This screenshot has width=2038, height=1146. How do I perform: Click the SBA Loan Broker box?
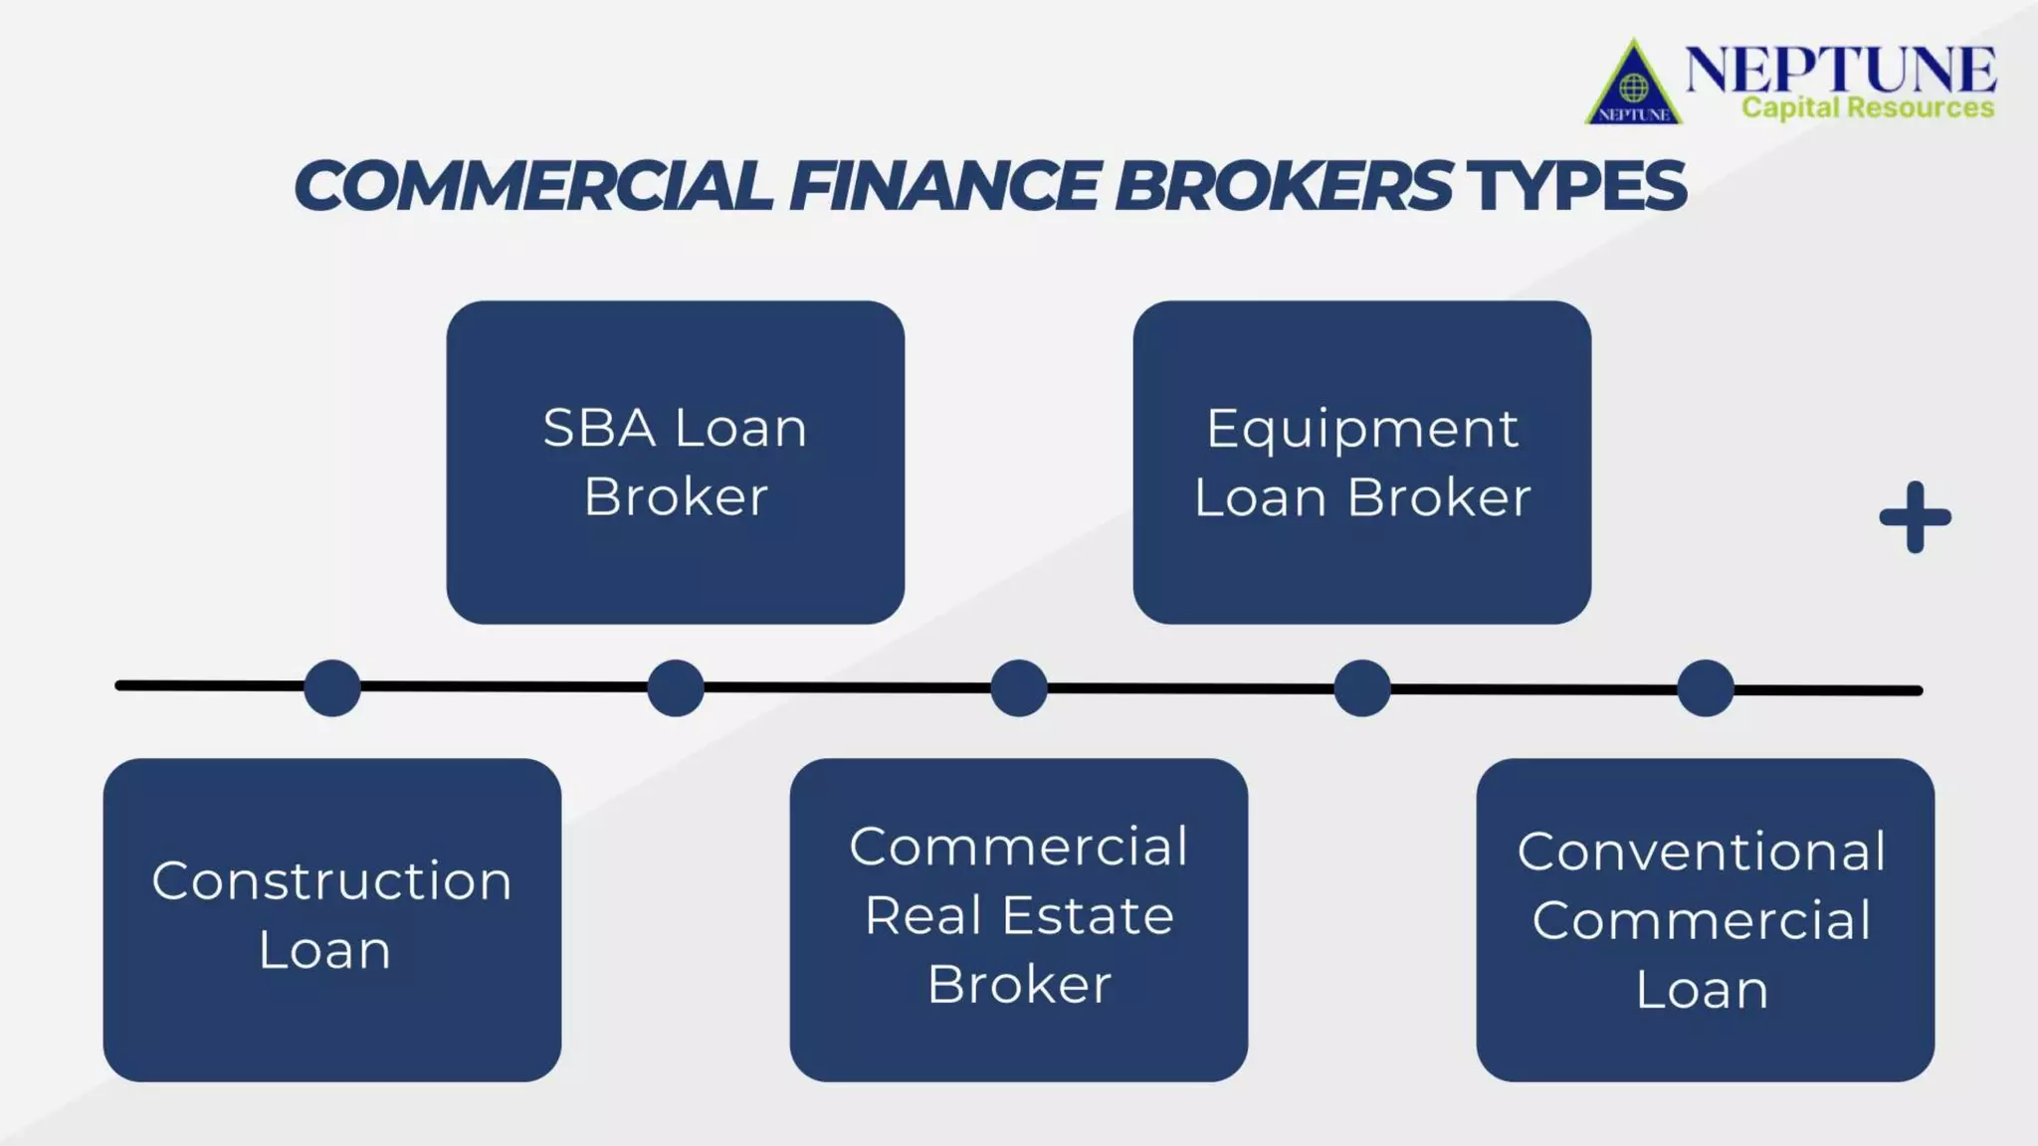[675, 462]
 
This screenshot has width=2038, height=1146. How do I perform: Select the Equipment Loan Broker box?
[1361, 462]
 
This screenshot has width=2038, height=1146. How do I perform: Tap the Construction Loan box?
[331, 919]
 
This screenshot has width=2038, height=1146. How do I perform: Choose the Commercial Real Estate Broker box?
[1018, 919]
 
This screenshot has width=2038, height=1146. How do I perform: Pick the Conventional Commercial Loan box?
[1705, 919]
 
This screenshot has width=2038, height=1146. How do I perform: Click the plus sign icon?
[1915, 517]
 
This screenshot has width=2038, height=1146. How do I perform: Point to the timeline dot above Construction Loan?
[331, 687]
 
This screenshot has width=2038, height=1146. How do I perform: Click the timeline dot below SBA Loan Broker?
[675, 687]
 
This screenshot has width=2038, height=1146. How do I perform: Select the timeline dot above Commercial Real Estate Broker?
[1018, 687]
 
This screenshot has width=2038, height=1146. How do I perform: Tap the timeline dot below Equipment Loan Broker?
[1361, 687]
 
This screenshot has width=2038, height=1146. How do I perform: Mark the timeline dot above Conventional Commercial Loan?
[1705, 687]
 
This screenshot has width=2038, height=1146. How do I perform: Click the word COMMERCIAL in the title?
[533, 186]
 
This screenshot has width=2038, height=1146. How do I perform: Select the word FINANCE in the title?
[944, 186]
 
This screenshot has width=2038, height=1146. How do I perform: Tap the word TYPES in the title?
[1574, 186]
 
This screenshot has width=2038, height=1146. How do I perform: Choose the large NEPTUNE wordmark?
[1840, 69]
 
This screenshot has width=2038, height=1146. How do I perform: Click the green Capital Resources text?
[1867, 107]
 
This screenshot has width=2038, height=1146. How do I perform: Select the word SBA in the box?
[599, 429]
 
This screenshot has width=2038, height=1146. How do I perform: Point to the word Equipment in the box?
[1361, 430]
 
